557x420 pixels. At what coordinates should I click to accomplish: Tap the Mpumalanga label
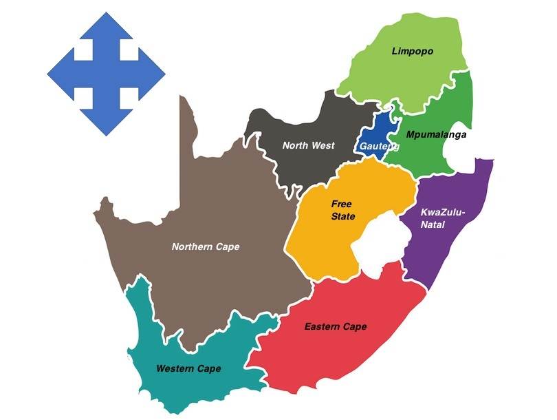436,134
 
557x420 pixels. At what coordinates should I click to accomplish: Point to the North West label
309,145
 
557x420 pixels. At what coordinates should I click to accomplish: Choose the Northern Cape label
206,246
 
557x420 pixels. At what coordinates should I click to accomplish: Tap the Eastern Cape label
336,326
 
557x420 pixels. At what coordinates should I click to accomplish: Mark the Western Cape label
188,369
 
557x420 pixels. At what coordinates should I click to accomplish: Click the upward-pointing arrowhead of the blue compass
106,23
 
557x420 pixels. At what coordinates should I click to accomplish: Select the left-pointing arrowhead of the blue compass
59,73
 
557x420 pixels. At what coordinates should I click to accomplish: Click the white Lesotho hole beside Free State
379,242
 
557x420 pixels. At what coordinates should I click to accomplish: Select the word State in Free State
342,217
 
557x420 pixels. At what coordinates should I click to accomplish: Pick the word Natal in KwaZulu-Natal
434,224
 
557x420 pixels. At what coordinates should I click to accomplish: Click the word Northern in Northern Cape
193,246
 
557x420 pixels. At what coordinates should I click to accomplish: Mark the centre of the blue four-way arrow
106,73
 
